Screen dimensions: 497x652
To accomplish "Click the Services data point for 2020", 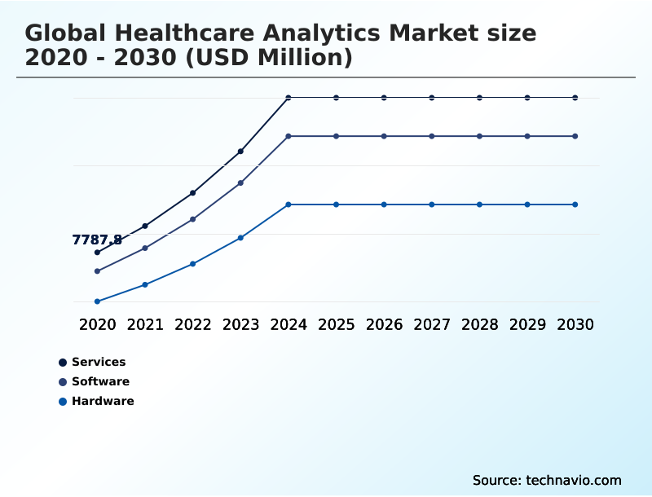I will [x=97, y=253].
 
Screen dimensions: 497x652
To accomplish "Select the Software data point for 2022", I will [x=193, y=219].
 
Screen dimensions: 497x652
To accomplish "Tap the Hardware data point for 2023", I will [x=240, y=238].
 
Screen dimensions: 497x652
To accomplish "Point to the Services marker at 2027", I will [x=432, y=98].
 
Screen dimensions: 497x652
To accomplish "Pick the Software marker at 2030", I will [x=575, y=136].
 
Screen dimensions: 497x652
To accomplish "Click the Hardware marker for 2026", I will [x=384, y=205].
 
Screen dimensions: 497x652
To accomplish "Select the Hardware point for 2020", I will [x=97, y=301].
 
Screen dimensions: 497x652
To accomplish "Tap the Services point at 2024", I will [x=289, y=98].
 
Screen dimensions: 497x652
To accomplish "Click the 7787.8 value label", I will [x=97, y=240].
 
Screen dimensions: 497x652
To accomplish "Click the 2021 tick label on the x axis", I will [x=145, y=324].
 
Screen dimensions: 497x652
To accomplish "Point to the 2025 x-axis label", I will [x=337, y=324].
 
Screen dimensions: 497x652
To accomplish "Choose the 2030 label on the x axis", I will [x=575, y=324].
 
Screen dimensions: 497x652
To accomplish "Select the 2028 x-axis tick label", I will [x=479, y=324].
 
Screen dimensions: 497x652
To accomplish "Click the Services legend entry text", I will [x=99, y=362].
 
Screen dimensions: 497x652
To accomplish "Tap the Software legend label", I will [x=100, y=381].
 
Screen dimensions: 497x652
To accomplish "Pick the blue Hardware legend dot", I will [x=63, y=401].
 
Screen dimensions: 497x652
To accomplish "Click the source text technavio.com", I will [x=574, y=480].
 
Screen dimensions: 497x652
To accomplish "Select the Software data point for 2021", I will [x=145, y=248].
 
